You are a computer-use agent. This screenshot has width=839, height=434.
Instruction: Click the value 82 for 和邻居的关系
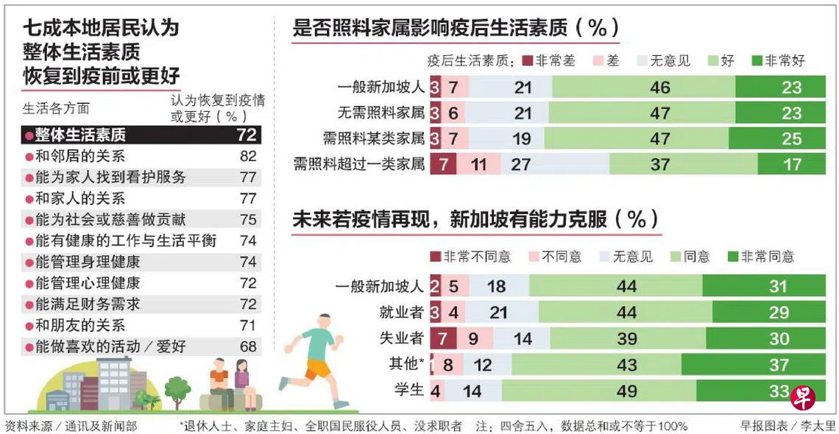[248, 156]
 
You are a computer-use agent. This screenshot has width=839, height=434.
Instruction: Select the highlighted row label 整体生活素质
[80, 135]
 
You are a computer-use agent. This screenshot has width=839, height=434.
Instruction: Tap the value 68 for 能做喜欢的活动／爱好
[248, 346]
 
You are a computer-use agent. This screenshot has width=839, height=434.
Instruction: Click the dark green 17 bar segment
[792, 164]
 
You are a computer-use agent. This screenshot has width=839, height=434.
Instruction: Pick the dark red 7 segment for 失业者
[442, 339]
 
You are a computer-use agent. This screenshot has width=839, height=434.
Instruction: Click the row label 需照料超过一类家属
[359, 164]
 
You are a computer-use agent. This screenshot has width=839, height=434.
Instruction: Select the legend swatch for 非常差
[527, 61]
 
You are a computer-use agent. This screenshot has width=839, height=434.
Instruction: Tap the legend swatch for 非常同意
[732, 257]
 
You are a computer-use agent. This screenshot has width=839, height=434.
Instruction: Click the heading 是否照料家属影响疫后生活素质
[456, 28]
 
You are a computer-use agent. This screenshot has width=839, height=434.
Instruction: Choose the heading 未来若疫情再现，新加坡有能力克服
[476, 219]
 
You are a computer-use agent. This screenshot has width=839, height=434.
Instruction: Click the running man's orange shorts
[318, 367]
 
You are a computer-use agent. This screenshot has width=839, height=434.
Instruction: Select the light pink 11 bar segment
[479, 164]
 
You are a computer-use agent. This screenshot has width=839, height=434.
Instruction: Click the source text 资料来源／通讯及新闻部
[71, 425]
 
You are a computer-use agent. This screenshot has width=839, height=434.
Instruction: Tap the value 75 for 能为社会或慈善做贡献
[248, 219]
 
